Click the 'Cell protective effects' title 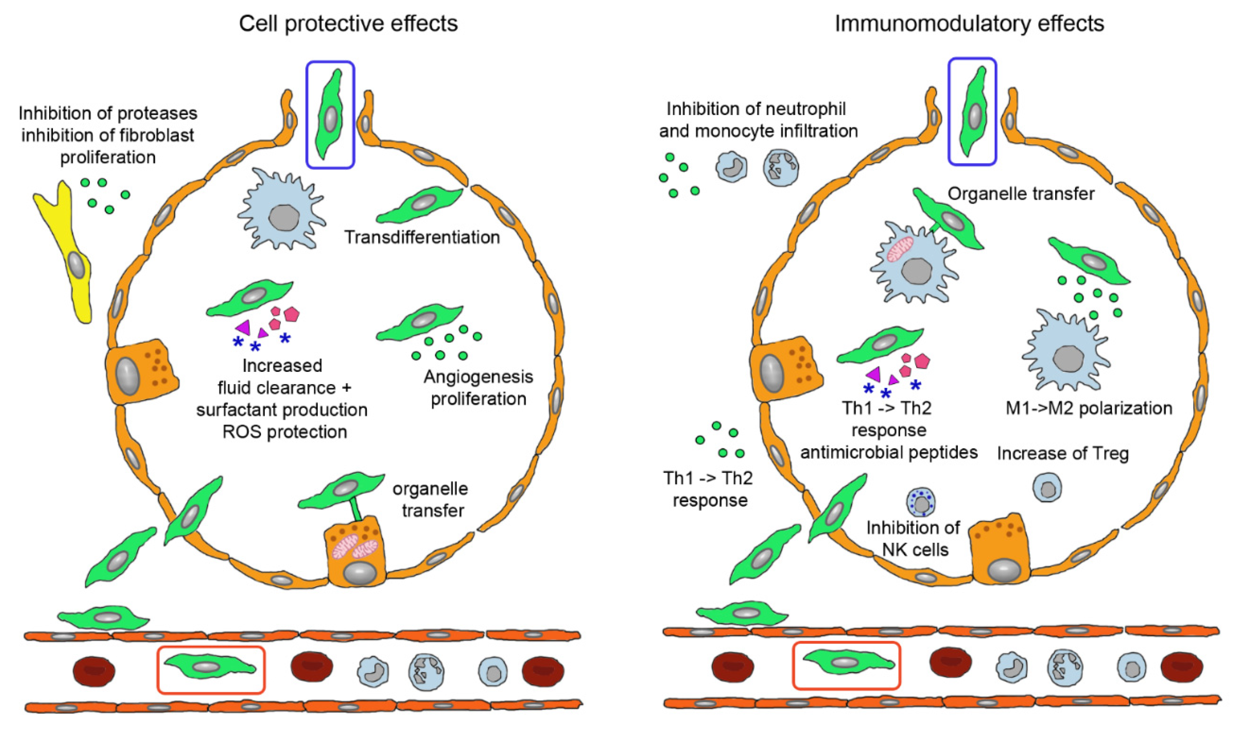point(349,23)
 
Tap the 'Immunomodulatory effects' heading point(969,23)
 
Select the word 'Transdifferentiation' point(422,238)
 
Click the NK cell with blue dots point(920,503)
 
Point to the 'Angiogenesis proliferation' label point(478,388)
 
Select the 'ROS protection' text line point(284,432)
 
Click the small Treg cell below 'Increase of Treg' point(1047,487)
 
